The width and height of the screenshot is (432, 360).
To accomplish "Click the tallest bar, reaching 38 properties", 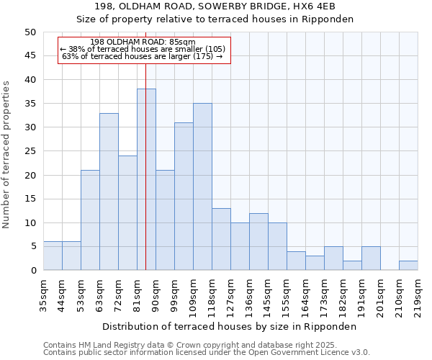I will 146,179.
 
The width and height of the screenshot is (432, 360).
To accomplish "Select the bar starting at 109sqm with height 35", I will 202,186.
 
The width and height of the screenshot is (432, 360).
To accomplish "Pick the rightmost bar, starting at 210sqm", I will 408,265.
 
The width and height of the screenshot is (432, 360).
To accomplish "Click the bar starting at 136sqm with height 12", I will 258,241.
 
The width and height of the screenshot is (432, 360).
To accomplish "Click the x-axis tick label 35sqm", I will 43,294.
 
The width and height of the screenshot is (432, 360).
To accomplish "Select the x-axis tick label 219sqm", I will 418,294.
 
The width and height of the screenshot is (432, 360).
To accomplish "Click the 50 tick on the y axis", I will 30,32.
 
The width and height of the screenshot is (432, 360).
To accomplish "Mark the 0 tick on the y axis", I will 33,271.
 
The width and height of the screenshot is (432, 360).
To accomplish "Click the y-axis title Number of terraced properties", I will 6,154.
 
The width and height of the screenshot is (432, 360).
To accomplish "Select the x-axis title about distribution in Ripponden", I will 229,326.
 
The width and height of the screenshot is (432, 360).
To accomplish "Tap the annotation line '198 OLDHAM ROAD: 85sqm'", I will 143,42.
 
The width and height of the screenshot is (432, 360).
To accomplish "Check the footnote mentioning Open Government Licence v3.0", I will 207,353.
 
